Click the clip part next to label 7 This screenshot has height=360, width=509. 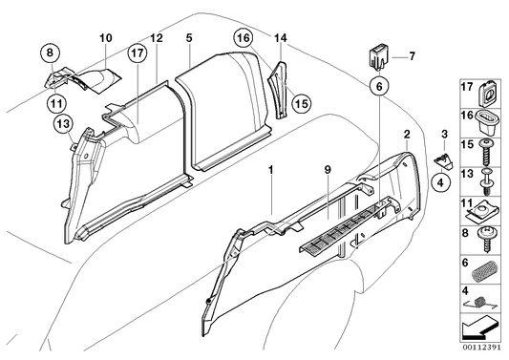(x=378, y=55)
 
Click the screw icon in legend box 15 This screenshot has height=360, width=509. (x=488, y=149)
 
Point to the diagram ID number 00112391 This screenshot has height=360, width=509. (x=483, y=349)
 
